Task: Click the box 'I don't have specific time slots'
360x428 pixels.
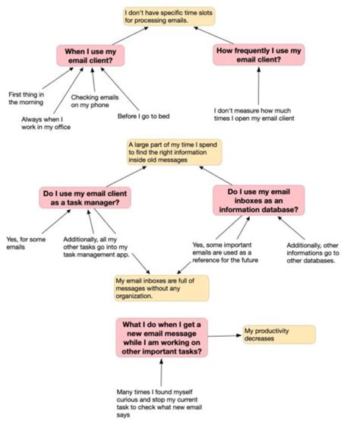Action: pos(169,17)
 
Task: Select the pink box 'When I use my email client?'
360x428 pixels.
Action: pos(90,55)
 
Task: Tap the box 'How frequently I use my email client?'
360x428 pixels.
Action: pos(258,55)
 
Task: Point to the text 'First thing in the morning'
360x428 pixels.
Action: pos(26,98)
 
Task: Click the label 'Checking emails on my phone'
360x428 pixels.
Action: pos(95,101)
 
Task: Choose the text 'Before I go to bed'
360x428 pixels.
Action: pos(144,116)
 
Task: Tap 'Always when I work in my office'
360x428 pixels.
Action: pos(46,123)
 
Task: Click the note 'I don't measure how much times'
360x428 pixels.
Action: pos(254,114)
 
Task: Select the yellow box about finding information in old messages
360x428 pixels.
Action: pos(174,152)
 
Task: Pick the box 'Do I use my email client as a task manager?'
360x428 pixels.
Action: pos(85,198)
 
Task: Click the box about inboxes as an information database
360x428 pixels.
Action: pos(258,201)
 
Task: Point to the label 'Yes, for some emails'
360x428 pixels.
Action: pos(26,243)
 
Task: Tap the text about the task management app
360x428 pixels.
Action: pos(96,247)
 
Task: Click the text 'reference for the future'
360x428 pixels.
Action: pos(226,260)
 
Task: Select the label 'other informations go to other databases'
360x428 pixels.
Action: pos(313,252)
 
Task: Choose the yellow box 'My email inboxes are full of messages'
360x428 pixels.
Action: pos(162,288)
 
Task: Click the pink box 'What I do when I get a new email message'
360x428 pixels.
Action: pos(162,338)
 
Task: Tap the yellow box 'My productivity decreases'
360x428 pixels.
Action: pos(279,334)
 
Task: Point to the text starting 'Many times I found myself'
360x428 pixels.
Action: pos(159,404)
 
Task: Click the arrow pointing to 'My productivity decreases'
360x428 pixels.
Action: pos(225,336)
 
